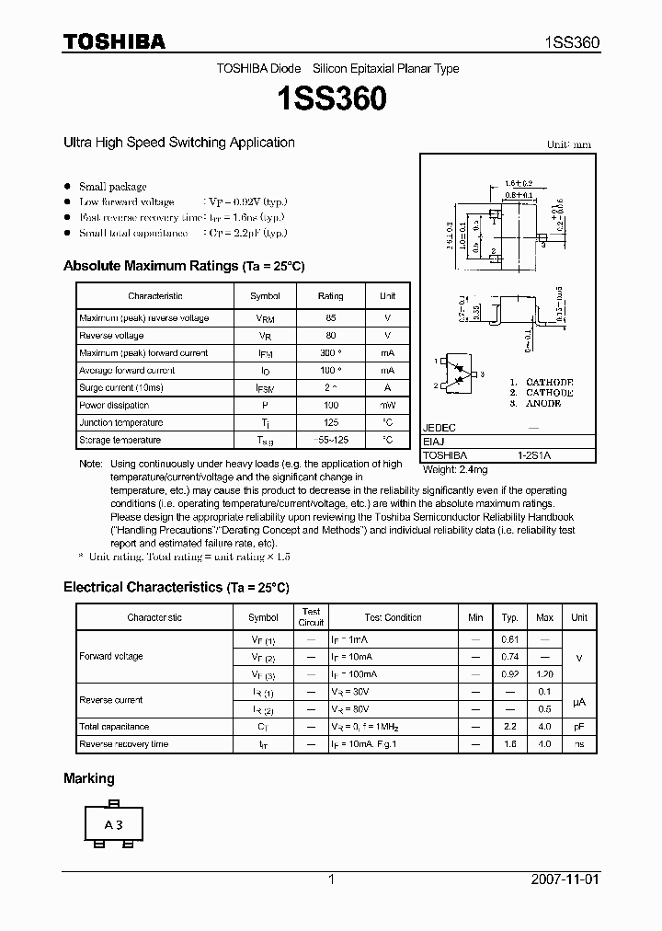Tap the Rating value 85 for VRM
(330, 318)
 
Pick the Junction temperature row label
(120, 423)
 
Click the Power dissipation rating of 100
(330, 406)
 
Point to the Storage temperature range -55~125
(330, 441)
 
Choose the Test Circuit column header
(311, 617)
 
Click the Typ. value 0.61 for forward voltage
(510, 639)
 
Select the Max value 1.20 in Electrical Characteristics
(545, 674)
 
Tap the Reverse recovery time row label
(123, 744)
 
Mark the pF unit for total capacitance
(579, 727)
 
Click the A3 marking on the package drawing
(113, 825)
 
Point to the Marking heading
(89, 778)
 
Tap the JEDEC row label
(439, 429)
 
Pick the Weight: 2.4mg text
(455, 470)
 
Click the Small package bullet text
(113, 187)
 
